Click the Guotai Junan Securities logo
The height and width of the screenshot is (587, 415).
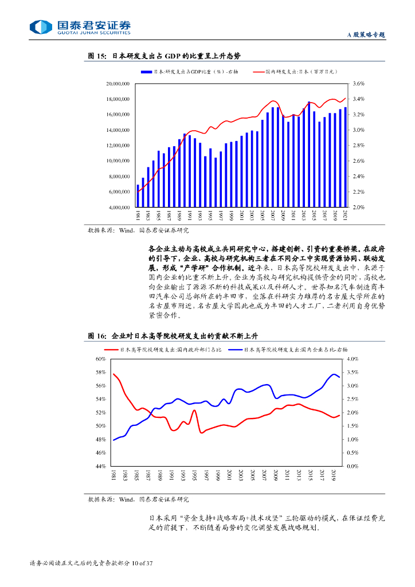[x=80, y=27]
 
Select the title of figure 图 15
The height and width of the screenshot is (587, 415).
[x=164, y=56]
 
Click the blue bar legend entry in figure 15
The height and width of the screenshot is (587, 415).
[x=189, y=72]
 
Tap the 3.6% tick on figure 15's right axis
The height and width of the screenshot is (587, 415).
[x=359, y=84]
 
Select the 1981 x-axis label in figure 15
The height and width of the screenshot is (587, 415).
[x=138, y=216]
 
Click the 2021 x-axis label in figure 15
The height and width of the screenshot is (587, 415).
[x=345, y=216]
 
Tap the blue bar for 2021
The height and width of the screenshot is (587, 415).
[x=345, y=156]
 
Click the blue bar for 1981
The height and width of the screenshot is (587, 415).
[x=138, y=195]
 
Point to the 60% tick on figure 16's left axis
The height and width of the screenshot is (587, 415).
[x=101, y=359]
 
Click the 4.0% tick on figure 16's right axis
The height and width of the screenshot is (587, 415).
[x=354, y=359]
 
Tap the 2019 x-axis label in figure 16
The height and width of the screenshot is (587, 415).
[x=334, y=475]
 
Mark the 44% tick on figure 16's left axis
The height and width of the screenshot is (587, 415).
[x=101, y=467]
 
